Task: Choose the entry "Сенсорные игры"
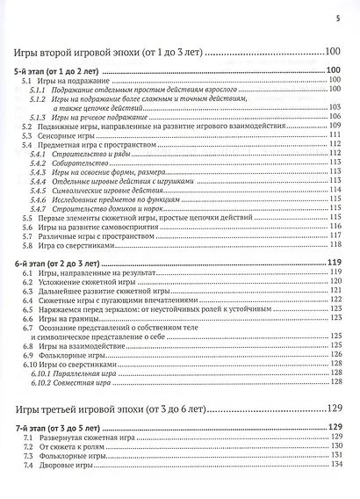[x=70, y=136]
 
